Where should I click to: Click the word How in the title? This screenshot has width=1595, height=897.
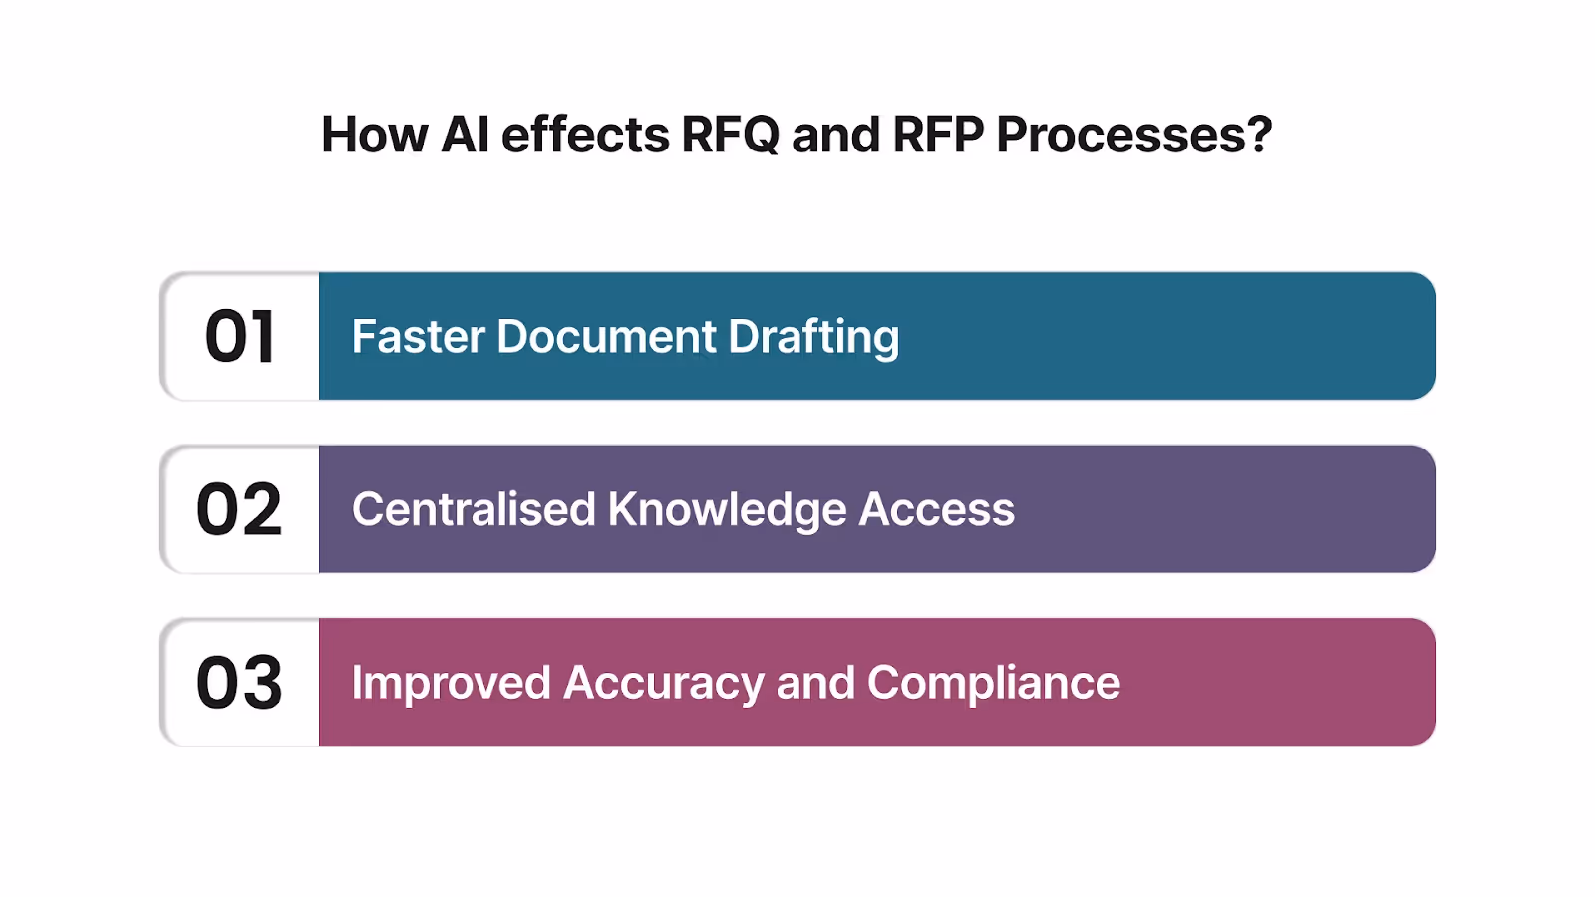click(374, 135)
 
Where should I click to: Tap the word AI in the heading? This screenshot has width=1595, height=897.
click(465, 135)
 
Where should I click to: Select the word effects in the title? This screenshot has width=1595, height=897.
click(585, 135)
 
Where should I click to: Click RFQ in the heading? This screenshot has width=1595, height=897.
click(730, 135)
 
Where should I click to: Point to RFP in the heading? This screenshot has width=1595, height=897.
click(938, 135)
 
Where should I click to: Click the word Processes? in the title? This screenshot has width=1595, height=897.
click(1133, 136)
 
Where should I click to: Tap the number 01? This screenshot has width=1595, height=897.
click(239, 337)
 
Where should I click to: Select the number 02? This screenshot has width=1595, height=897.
click(239, 509)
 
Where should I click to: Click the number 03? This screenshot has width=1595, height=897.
click(239, 683)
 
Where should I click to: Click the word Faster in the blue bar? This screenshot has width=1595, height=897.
click(418, 337)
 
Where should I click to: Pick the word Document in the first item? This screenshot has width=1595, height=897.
click(606, 337)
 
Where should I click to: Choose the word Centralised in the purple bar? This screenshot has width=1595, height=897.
click(474, 509)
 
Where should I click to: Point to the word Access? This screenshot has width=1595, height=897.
click(936, 509)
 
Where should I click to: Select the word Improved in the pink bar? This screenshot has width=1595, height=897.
click(451, 683)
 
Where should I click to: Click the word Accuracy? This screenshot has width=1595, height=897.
click(663, 684)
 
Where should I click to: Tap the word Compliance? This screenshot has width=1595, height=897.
click(993, 683)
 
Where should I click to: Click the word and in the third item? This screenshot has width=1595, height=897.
click(815, 683)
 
